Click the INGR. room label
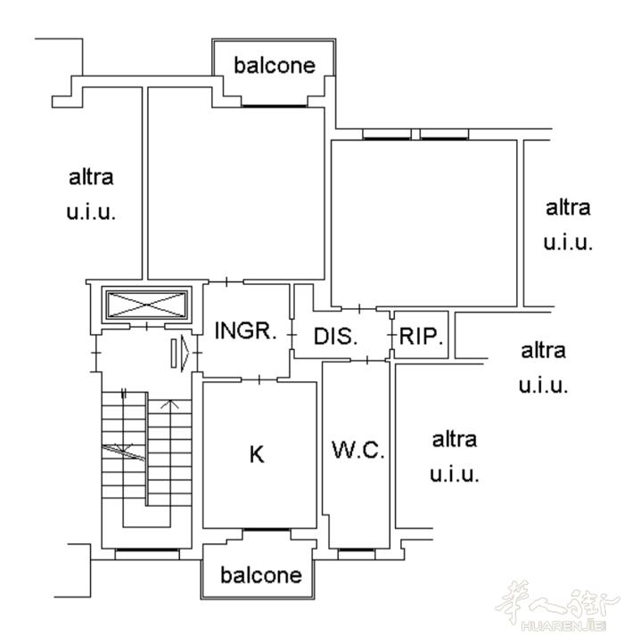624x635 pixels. pyautogui.click(x=245, y=331)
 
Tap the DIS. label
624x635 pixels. pyautogui.click(x=336, y=336)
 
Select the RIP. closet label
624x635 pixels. pyautogui.click(x=421, y=336)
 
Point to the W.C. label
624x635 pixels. pyautogui.click(x=358, y=450)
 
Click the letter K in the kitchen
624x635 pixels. pyautogui.click(x=257, y=454)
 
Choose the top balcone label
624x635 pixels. pyautogui.click(x=275, y=65)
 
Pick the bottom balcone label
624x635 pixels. pyautogui.click(x=261, y=574)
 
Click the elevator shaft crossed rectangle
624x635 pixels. pyautogui.click(x=146, y=305)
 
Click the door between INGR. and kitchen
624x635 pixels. pyautogui.click(x=259, y=379)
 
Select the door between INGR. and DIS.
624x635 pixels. pyautogui.click(x=291, y=335)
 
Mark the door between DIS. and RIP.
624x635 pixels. pyautogui.click(x=391, y=336)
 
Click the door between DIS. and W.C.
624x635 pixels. pyautogui.click(x=367, y=360)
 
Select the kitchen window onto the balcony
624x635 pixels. pyautogui.click(x=267, y=530)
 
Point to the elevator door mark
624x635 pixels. pyautogui.click(x=147, y=326)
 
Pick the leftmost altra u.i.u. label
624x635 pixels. pyautogui.click(x=91, y=195)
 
